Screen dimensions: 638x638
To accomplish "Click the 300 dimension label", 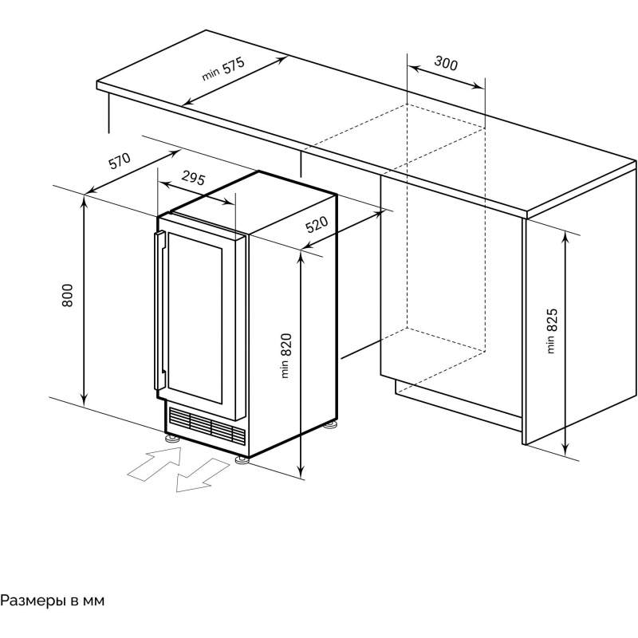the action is pyautogui.click(x=446, y=63).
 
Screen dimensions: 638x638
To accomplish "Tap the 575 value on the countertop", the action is pyautogui.click(x=234, y=65).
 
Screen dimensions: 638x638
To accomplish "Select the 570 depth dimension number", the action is pyautogui.click(x=120, y=161).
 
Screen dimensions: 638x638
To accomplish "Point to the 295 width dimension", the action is pyautogui.click(x=193, y=178).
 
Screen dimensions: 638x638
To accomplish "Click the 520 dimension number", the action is pyautogui.click(x=317, y=224).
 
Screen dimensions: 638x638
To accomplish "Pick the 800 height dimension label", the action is pyautogui.click(x=68, y=295).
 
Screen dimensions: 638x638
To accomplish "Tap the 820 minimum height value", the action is pyautogui.click(x=286, y=345).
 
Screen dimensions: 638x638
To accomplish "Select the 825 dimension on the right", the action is pyautogui.click(x=551, y=321).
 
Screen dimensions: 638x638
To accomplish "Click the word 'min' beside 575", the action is pyautogui.click(x=211, y=74).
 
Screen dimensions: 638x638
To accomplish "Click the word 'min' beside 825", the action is pyautogui.click(x=550, y=345).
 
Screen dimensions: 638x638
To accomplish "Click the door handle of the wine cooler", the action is pyautogui.click(x=159, y=310).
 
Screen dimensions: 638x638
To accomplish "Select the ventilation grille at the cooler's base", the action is pyautogui.click(x=207, y=424).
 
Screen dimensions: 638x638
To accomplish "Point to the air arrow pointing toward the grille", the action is pyautogui.click(x=155, y=463).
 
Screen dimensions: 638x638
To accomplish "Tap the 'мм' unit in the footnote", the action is pyautogui.click(x=93, y=601).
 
